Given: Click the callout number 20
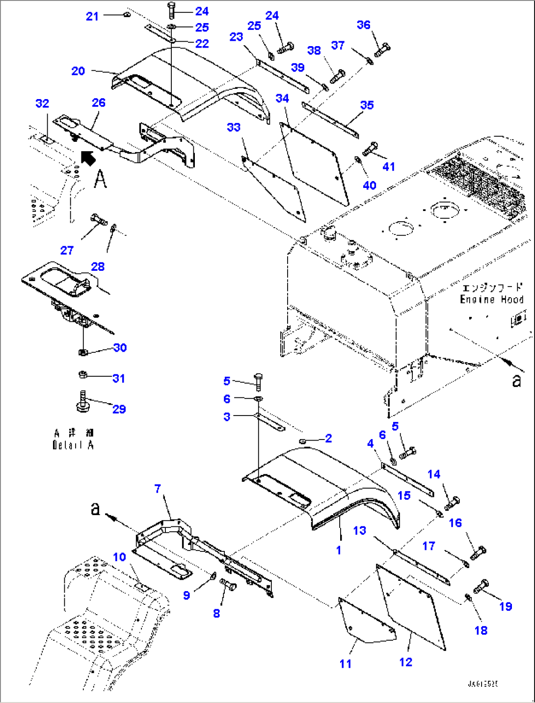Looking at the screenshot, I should [78, 71].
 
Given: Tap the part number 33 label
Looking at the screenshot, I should [234, 128].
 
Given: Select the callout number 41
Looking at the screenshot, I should [389, 167].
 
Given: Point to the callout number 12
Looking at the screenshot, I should [405, 662].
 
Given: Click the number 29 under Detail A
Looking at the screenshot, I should [119, 409].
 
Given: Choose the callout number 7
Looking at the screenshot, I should [158, 489].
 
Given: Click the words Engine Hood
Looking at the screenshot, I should [491, 299].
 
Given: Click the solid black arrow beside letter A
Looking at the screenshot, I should [88, 158].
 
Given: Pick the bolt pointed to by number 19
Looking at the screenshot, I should [481, 586].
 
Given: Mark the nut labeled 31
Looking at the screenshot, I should [83, 375].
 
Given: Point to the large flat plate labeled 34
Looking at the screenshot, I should [314, 162].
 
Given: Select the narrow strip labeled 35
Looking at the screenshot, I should [331, 120].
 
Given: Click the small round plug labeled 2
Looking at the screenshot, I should [302, 442].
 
